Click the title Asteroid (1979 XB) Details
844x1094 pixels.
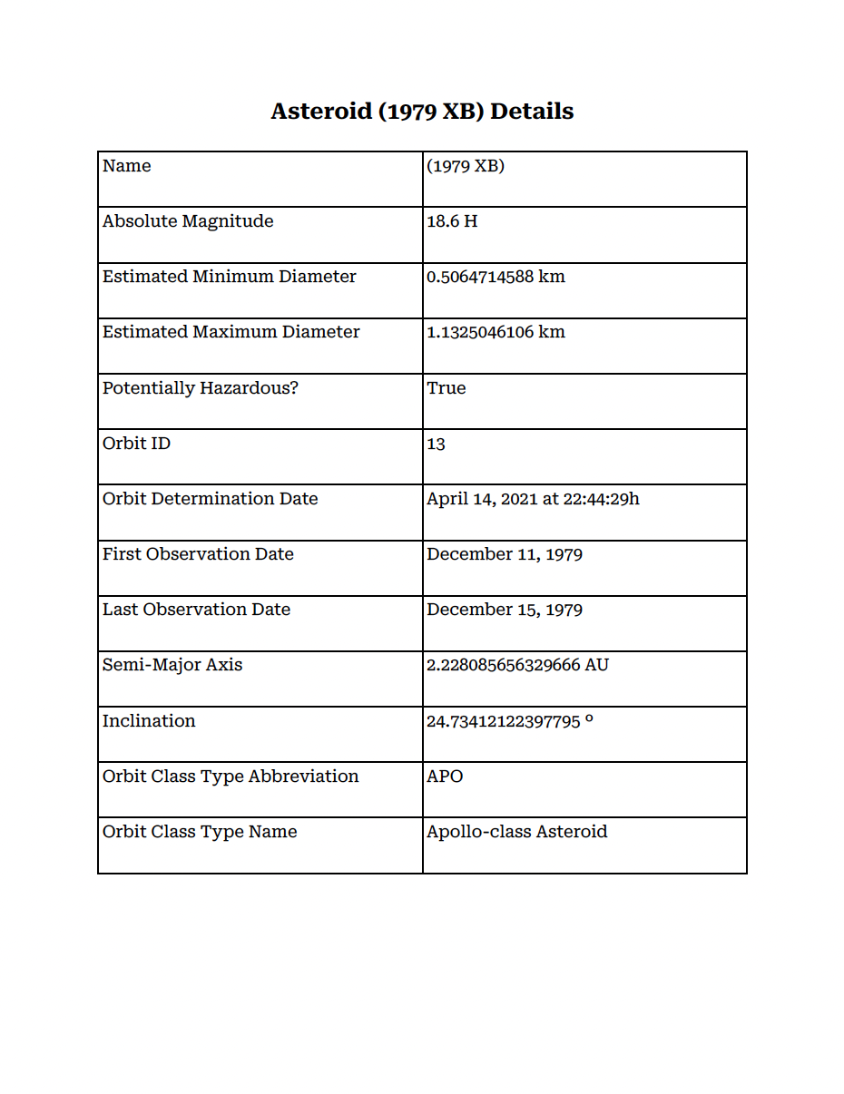click(x=422, y=112)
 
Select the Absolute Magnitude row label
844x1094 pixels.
click(x=188, y=221)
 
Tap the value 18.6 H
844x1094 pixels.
click(x=452, y=221)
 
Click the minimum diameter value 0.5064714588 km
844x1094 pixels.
click(x=496, y=277)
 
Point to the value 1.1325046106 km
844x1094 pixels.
click(x=496, y=332)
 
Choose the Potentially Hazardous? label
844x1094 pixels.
click(x=201, y=388)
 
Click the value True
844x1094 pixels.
click(x=447, y=388)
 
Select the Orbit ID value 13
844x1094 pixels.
click(x=437, y=444)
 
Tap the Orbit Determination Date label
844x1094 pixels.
click(x=211, y=499)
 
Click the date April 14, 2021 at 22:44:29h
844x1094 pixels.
click(x=533, y=499)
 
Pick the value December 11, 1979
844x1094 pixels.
click(x=505, y=554)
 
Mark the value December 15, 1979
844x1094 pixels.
click(x=505, y=610)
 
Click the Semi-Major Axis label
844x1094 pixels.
click(x=172, y=665)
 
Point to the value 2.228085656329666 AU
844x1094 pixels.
click(x=517, y=665)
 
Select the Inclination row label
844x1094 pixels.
click(x=149, y=721)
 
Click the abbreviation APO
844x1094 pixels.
click(x=445, y=777)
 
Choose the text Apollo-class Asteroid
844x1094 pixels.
click(x=516, y=832)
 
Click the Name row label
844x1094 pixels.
click(x=127, y=166)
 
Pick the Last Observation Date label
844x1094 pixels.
click(x=196, y=610)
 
